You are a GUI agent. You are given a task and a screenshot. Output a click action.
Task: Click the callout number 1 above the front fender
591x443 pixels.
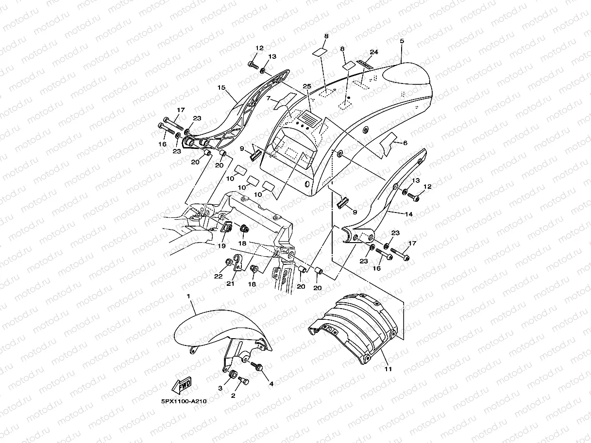tap(188, 295)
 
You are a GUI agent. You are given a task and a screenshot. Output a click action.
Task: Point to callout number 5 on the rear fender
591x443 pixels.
tap(402, 42)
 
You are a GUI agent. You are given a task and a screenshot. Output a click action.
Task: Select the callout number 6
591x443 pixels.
tap(405, 143)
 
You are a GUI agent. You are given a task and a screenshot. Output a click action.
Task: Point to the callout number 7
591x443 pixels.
tap(268, 98)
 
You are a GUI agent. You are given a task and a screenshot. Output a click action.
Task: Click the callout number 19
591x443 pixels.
tap(221, 246)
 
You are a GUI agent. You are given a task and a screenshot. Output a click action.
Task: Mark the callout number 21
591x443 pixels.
tap(230, 283)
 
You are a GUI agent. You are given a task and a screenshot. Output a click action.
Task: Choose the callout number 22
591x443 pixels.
tap(218, 276)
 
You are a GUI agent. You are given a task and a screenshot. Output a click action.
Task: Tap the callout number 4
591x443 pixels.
tap(271, 384)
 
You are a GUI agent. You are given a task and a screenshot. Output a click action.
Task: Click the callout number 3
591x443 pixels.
tap(220, 388)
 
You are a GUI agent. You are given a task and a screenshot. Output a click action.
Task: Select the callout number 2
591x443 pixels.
tap(233, 395)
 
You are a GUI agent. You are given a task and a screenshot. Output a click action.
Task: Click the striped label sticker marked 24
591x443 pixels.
tap(365, 65)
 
